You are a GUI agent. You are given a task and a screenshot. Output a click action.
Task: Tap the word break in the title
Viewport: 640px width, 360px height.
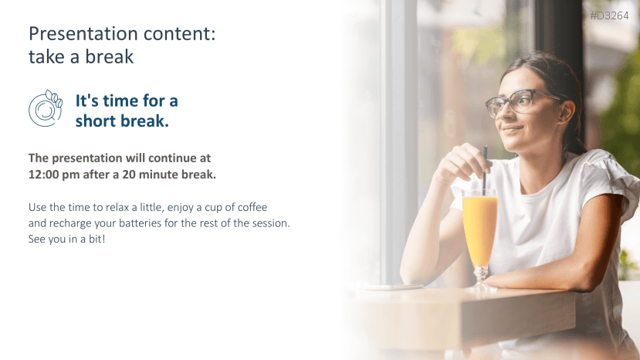[109, 57]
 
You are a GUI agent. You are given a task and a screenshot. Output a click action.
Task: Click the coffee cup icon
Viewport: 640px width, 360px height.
[46, 108]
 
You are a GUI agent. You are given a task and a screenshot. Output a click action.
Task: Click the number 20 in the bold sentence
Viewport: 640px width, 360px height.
[129, 175]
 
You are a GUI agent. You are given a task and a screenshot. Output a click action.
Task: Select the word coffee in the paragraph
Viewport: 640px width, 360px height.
[252, 207]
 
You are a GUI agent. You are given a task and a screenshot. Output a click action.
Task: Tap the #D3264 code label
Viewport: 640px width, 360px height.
[609, 16]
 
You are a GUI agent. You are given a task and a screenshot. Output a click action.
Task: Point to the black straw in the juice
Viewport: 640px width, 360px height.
[485, 171]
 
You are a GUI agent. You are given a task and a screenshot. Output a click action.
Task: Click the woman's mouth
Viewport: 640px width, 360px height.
[513, 130]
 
